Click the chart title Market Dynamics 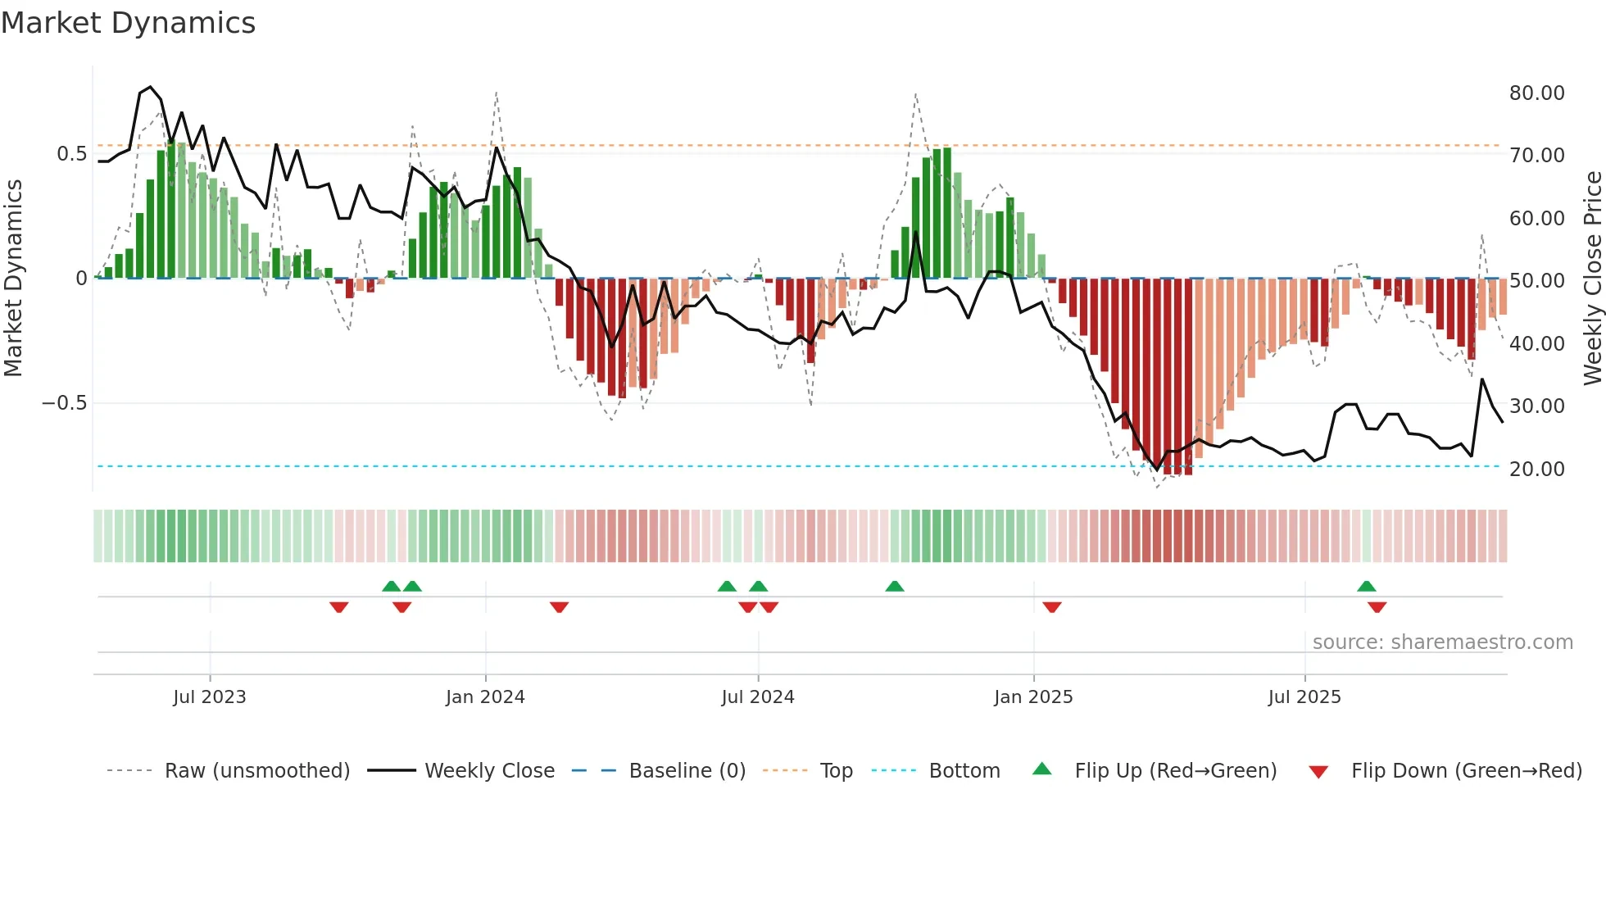pyautogui.click(x=128, y=23)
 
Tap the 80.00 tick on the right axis pyautogui.click(x=1536, y=93)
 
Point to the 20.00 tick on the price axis pyautogui.click(x=1536, y=470)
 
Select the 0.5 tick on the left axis pyautogui.click(x=71, y=154)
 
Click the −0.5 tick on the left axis pyautogui.click(x=64, y=403)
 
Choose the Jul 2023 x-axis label pyautogui.click(x=209, y=697)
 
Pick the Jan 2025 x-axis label pyautogui.click(x=1032, y=697)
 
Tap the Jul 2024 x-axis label pyautogui.click(x=757, y=697)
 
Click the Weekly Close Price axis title pyautogui.click(x=1592, y=279)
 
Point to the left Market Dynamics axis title pyautogui.click(x=13, y=279)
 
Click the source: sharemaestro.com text pyautogui.click(x=1442, y=642)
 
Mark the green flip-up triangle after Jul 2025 pyautogui.click(x=1366, y=587)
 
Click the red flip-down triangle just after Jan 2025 pyautogui.click(x=1052, y=607)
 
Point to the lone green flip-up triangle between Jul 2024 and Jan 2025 pyautogui.click(x=894, y=587)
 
